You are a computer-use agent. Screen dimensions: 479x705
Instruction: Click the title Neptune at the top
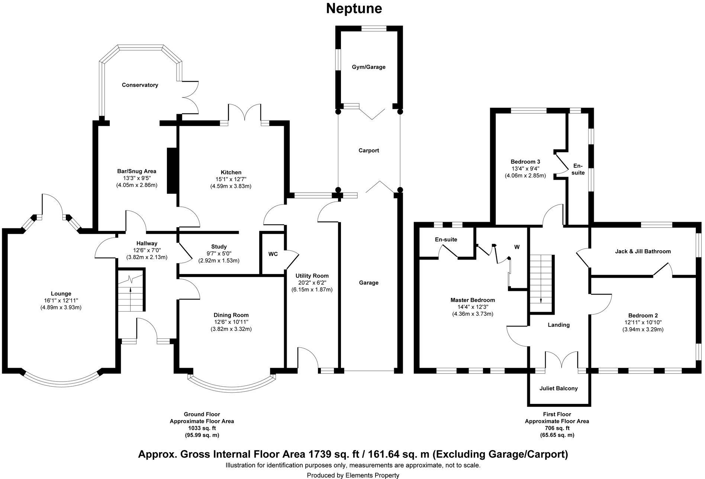click(x=354, y=9)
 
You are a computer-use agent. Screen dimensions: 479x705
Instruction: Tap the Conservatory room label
click(x=140, y=85)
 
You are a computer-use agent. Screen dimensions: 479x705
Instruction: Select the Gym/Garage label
click(x=368, y=67)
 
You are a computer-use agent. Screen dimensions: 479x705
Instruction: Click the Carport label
click(x=368, y=151)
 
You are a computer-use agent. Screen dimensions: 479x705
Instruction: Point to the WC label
click(x=273, y=254)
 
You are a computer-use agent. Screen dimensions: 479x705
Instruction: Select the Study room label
click(x=219, y=247)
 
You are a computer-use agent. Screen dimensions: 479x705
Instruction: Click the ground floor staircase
click(x=131, y=292)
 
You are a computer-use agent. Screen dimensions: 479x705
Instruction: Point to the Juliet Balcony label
click(x=558, y=389)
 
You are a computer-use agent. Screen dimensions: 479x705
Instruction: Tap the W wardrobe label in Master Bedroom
click(x=516, y=247)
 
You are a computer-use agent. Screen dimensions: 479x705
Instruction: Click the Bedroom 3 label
click(x=525, y=162)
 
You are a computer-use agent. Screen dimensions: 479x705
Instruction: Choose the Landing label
click(x=558, y=325)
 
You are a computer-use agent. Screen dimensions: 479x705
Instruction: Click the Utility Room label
click(x=312, y=276)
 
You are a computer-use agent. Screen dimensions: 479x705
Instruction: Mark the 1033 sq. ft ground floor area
click(x=202, y=428)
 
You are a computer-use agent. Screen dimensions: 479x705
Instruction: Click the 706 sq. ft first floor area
click(x=556, y=428)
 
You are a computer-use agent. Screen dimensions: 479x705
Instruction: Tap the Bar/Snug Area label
click(x=136, y=171)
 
